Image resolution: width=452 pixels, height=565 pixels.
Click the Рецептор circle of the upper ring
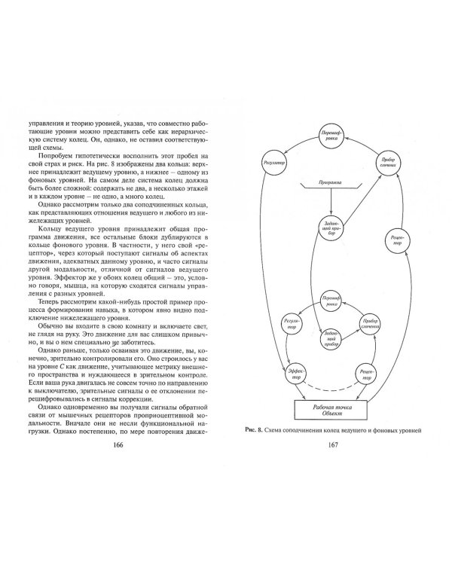tap(395, 240)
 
